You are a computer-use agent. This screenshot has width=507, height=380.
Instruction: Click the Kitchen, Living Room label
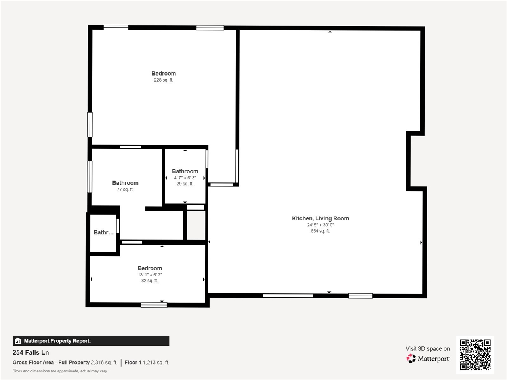(320, 218)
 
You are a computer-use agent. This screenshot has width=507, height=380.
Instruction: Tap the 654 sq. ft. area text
(320, 231)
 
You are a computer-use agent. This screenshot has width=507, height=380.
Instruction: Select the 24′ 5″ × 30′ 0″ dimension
(320, 225)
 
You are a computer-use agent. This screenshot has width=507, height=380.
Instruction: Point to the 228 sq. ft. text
(164, 80)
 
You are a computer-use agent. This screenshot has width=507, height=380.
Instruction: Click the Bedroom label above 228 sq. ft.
(164, 73)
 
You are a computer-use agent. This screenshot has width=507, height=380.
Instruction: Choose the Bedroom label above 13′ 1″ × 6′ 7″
(150, 268)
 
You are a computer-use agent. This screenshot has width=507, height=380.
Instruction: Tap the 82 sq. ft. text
(150, 281)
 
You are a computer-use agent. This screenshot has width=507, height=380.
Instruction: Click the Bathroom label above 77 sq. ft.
(126, 183)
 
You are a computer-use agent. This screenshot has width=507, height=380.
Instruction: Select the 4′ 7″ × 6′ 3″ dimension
(185, 178)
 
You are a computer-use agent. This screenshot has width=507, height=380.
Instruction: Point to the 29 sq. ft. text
(185, 184)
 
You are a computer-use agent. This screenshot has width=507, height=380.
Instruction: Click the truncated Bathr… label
(104, 232)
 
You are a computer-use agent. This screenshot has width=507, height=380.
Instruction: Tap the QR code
(475, 355)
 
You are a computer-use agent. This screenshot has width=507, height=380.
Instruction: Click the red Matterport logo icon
(411, 358)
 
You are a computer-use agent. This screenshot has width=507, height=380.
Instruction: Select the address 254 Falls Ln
(31, 353)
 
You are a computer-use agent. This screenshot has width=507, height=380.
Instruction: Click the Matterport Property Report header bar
(91, 341)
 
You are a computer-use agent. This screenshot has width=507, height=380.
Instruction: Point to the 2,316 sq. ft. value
(104, 363)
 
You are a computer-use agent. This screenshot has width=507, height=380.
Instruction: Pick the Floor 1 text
(133, 363)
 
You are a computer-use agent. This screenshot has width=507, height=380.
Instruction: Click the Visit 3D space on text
(428, 349)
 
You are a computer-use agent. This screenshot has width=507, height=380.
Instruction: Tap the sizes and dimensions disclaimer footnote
(60, 371)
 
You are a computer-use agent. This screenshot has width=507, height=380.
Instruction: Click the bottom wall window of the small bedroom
(154, 305)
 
